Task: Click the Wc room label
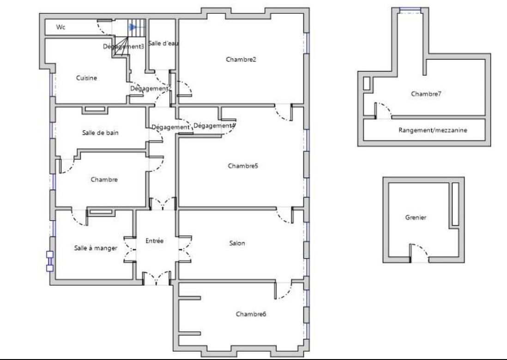click(x=61, y=27)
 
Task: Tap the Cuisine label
click(x=86, y=78)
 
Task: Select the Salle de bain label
click(x=100, y=133)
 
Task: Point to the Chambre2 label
click(x=241, y=60)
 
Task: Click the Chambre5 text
click(x=243, y=166)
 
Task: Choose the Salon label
click(x=237, y=243)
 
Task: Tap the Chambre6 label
click(x=251, y=314)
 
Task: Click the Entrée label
click(x=154, y=241)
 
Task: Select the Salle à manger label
click(x=96, y=248)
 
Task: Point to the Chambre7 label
click(x=426, y=94)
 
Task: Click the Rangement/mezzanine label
click(x=433, y=130)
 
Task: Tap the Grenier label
click(x=416, y=217)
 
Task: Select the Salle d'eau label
click(x=163, y=43)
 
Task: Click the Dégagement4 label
click(x=214, y=126)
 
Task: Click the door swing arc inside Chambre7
click(x=386, y=108)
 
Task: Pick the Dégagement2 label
click(x=151, y=89)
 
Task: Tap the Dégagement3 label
click(x=123, y=47)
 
